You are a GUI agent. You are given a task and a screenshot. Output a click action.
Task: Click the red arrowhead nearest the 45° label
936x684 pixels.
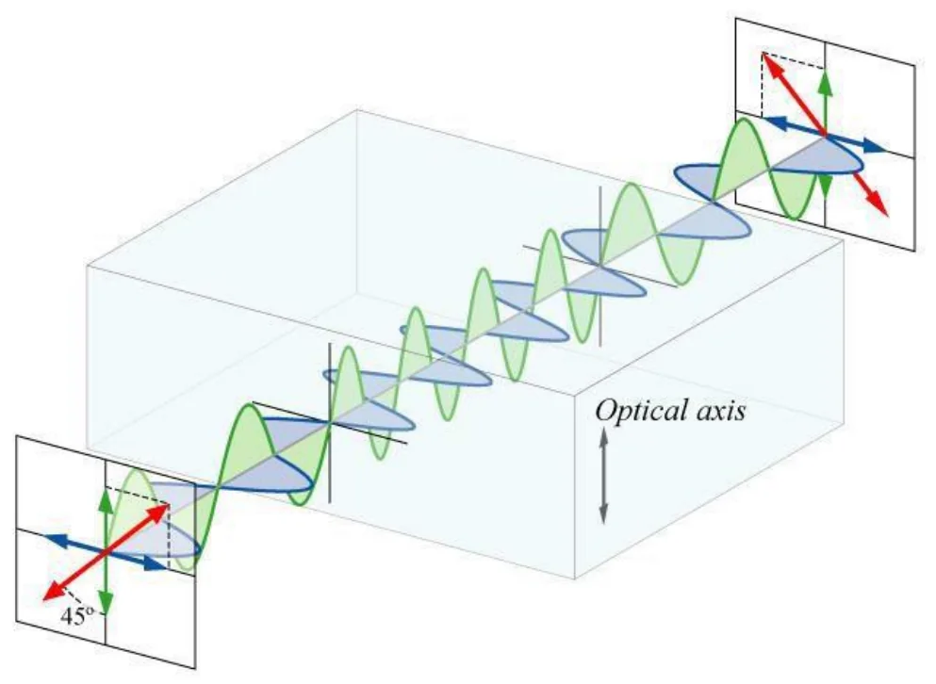click(53, 592)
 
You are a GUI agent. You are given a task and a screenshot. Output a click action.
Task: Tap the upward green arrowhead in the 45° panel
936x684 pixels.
click(106, 501)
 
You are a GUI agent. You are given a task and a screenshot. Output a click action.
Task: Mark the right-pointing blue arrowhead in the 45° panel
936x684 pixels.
click(156, 564)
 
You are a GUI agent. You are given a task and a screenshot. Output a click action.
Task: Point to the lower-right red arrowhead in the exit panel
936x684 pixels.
click(879, 205)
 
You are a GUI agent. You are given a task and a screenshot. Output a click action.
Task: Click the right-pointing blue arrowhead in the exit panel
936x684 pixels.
click(876, 146)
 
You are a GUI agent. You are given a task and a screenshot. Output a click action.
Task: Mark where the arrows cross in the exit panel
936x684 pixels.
click(825, 135)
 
